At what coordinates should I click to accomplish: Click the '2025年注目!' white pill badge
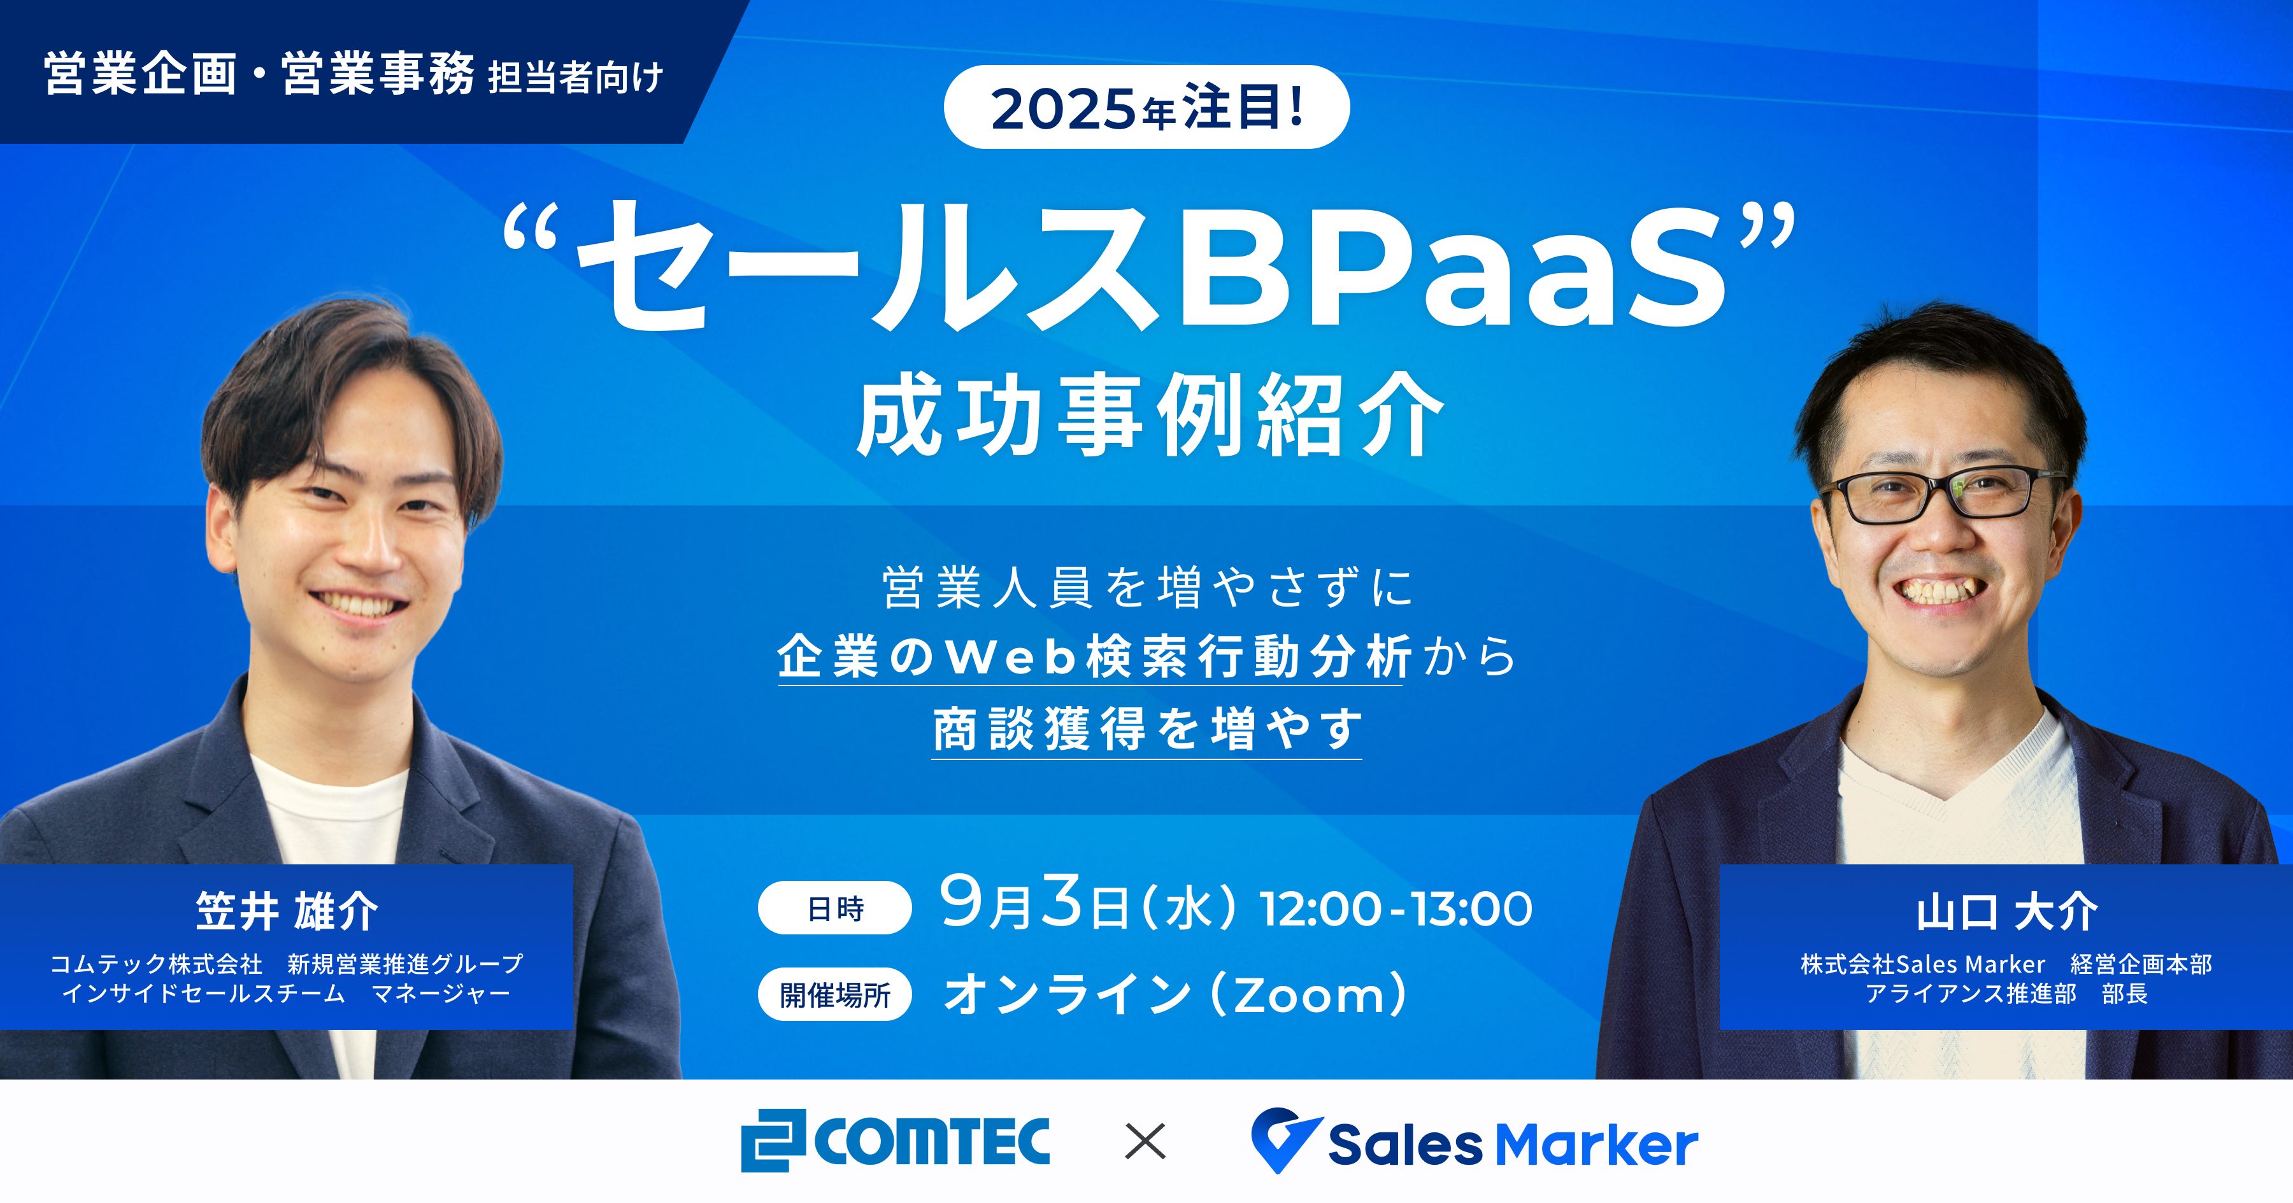(x=1146, y=108)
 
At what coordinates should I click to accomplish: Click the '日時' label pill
(x=835, y=908)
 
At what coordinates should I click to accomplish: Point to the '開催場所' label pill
(x=835, y=995)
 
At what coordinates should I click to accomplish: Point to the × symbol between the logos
(x=1146, y=1142)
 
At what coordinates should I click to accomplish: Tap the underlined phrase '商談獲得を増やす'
(x=1146, y=729)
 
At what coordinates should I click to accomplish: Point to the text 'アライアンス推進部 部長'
(x=2006, y=994)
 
